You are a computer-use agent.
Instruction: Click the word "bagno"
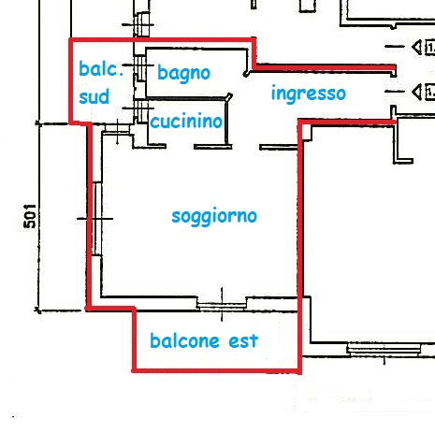point(183,72)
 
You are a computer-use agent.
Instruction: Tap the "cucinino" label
point(186,122)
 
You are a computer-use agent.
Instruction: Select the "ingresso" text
point(308,94)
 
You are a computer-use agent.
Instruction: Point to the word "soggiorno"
point(214,216)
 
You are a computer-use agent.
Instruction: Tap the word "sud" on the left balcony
point(94,96)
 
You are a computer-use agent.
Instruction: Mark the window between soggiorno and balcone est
point(222,302)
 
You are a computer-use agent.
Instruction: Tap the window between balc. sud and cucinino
point(142,117)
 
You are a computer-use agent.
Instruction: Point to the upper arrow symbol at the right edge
point(417,47)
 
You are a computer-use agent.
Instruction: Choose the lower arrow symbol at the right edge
point(417,92)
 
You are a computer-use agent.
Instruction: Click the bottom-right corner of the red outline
point(299,371)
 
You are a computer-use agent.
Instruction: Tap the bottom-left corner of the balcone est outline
point(134,371)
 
